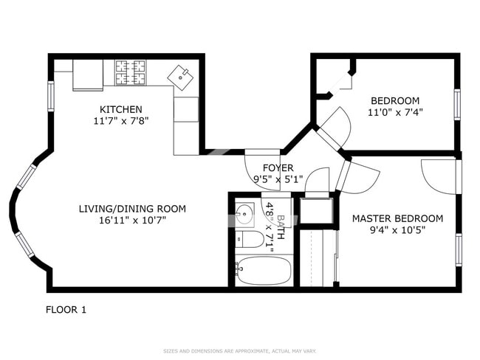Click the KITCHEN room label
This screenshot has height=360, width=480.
pos(121,109)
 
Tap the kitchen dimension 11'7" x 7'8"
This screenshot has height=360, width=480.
pos(121,120)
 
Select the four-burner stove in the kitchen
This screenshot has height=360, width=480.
pos(131,72)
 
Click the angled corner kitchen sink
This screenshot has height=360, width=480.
pos(179,75)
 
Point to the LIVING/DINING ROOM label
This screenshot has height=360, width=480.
pos(132,209)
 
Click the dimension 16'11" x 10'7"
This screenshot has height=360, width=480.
pos(132,220)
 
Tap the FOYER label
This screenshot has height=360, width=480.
pos(278,167)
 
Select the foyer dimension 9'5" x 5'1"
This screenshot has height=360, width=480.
pos(278,179)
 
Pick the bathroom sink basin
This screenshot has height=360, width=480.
pos(244,215)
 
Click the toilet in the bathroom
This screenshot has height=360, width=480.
pos(248,239)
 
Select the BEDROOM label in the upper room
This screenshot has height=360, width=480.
pos(395,101)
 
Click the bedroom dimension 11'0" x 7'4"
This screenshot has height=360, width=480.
pos(395,113)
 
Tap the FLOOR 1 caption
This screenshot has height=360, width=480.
pos(66,310)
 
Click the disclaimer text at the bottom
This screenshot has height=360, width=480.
pos(240,351)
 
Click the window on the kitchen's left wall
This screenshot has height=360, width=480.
pos(51,94)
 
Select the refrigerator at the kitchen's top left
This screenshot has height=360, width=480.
pos(88,75)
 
